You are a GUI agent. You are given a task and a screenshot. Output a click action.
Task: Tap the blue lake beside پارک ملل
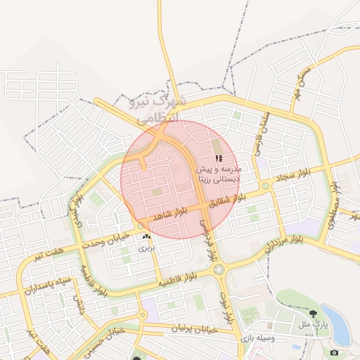click(339, 323)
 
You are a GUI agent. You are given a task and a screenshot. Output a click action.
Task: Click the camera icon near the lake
click(334, 352)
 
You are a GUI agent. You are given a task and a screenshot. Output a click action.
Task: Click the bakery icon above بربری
click(146, 237)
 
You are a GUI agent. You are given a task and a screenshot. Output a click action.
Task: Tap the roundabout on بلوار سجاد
click(266, 186)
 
